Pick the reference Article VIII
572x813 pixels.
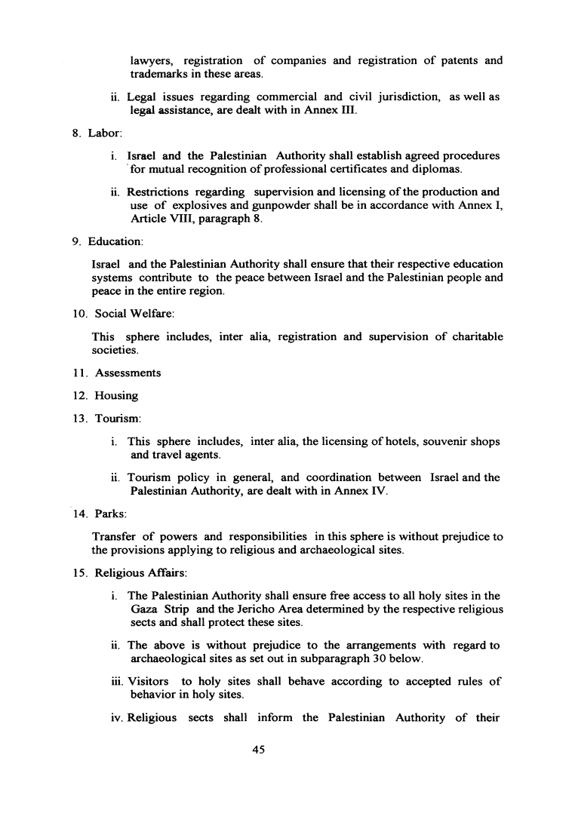157,219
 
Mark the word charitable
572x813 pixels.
474,336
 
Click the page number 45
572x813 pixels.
262,751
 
